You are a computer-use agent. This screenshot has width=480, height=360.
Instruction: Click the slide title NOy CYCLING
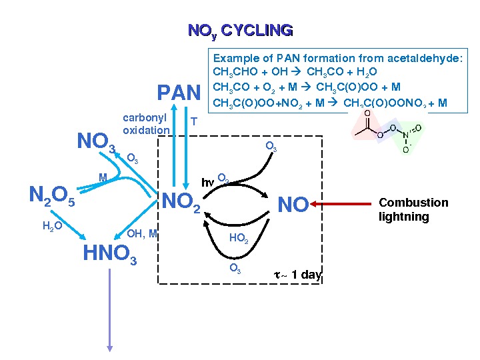point(240,31)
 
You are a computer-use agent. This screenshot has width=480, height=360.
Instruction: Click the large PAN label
point(178,92)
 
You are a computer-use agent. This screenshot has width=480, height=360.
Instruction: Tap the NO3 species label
point(97,143)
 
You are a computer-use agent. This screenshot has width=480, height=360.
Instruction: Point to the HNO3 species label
point(110,254)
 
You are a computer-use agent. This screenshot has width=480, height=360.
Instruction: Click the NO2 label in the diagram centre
point(182,201)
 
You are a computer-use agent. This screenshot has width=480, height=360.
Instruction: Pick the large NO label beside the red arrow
point(293,205)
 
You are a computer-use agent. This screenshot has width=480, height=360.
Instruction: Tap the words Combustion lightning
point(413,209)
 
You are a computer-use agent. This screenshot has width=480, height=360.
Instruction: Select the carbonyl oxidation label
point(145,124)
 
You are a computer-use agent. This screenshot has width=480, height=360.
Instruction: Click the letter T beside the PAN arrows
point(193,121)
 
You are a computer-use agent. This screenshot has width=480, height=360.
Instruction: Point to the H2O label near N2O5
point(52,227)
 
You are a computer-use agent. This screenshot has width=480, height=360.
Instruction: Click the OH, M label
point(142,233)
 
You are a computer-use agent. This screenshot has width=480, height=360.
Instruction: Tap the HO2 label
point(239,239)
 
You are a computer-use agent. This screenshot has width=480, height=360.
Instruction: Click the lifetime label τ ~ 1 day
point(297,275)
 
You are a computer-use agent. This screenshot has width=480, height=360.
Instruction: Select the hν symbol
point(209,181)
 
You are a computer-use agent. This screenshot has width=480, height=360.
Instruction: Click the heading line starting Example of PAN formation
point(337,59)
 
